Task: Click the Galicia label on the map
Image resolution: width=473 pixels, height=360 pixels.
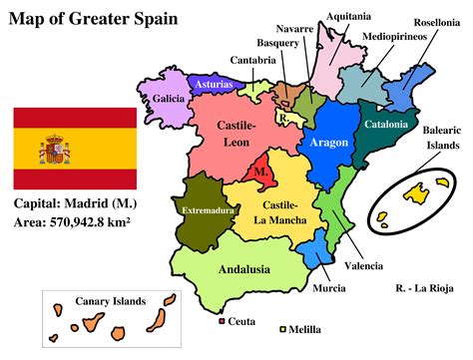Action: [x=169, y=99]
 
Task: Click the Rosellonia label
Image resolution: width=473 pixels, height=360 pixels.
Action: [x=436, y=20]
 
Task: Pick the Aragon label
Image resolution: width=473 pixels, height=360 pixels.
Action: [x=329, y=143]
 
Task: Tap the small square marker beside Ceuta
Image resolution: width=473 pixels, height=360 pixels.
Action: [x=221, y=322]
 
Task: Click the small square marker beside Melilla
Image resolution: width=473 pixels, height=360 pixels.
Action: [x=282, y=328]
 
